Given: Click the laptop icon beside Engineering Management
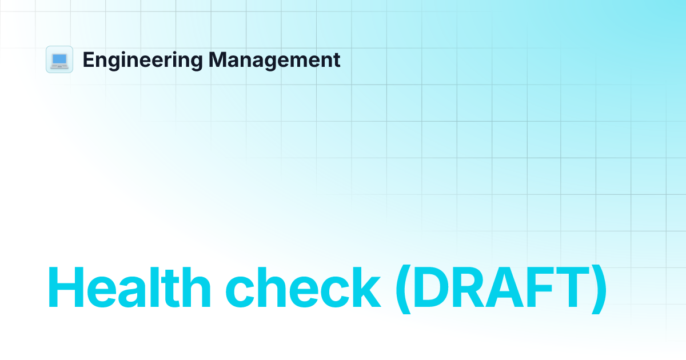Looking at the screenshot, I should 59,59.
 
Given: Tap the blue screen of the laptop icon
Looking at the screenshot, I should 59,58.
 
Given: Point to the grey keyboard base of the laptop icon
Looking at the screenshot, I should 59,66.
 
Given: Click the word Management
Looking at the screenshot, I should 274,59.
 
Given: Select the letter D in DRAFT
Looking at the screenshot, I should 432,289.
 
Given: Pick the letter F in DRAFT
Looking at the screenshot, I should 544,289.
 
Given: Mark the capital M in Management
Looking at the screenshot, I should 216,60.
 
